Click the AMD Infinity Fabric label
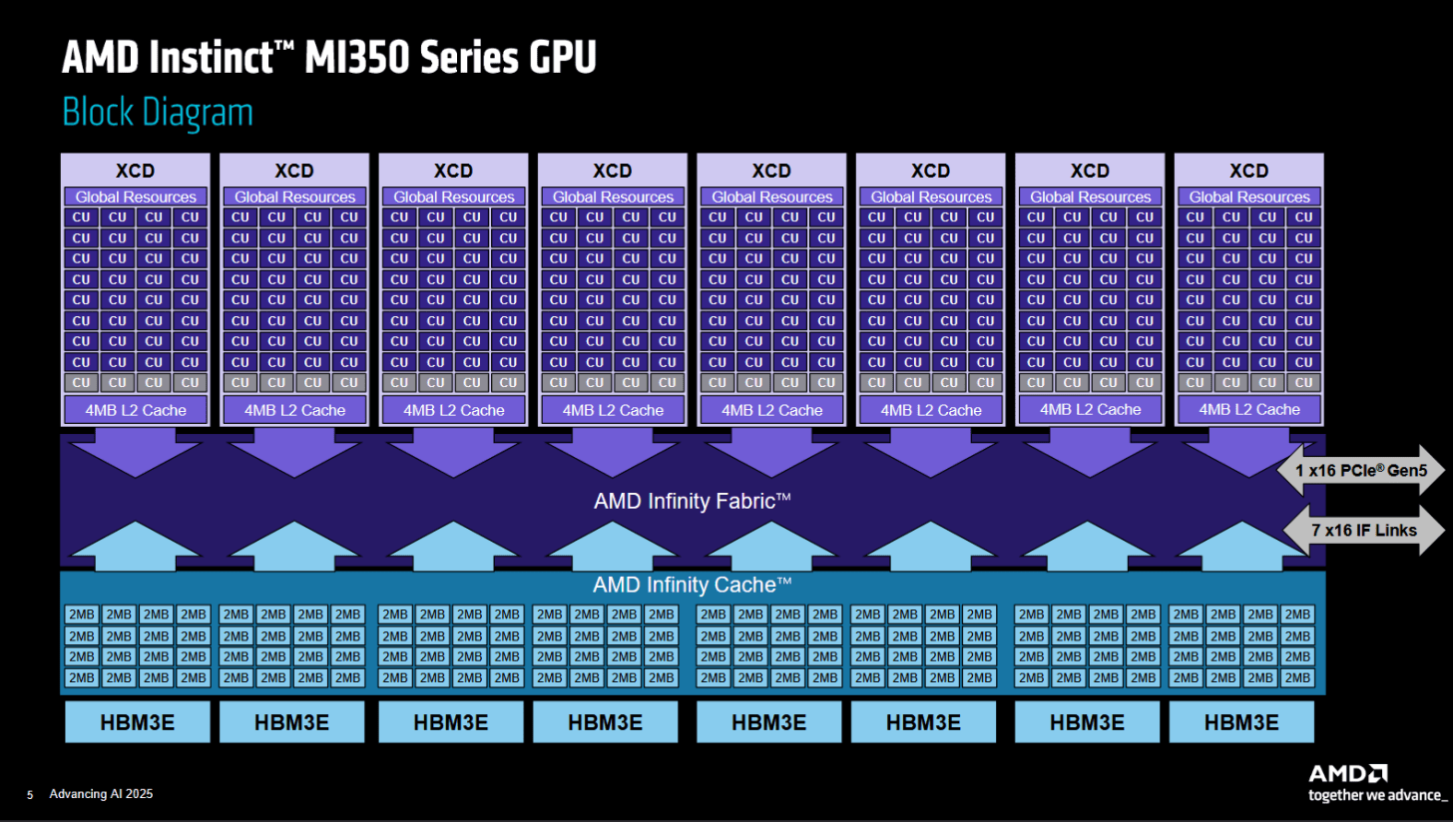[693, 501]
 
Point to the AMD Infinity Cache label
[693, 585]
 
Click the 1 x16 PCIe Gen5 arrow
[1361, 470]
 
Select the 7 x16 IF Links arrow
[1364, 531]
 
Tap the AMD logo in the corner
[1348, 773]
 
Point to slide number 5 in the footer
[30, 795]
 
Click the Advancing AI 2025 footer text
[101, 794]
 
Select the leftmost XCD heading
[135, 171]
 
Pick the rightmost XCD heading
[1248, 171]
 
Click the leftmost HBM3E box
[138, 721]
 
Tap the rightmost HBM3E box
[1241, 721]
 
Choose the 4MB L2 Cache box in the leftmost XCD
[136, 410]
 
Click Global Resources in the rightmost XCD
[1249, 197]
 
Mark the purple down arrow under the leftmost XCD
[136, 453]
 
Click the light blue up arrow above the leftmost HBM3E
[136, 546]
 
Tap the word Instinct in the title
[211, 57]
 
